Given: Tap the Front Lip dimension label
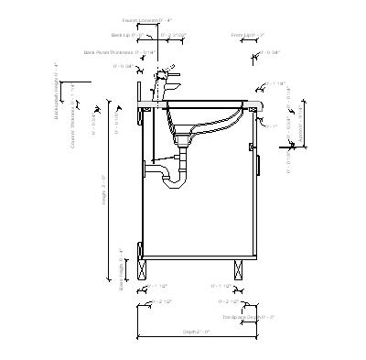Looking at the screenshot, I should point(248,36).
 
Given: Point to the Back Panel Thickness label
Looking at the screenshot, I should point(117,53).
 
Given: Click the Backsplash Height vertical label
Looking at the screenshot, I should point(57,93).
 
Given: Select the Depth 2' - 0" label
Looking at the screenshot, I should point(196,332).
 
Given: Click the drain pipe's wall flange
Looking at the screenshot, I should point(146,166).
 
